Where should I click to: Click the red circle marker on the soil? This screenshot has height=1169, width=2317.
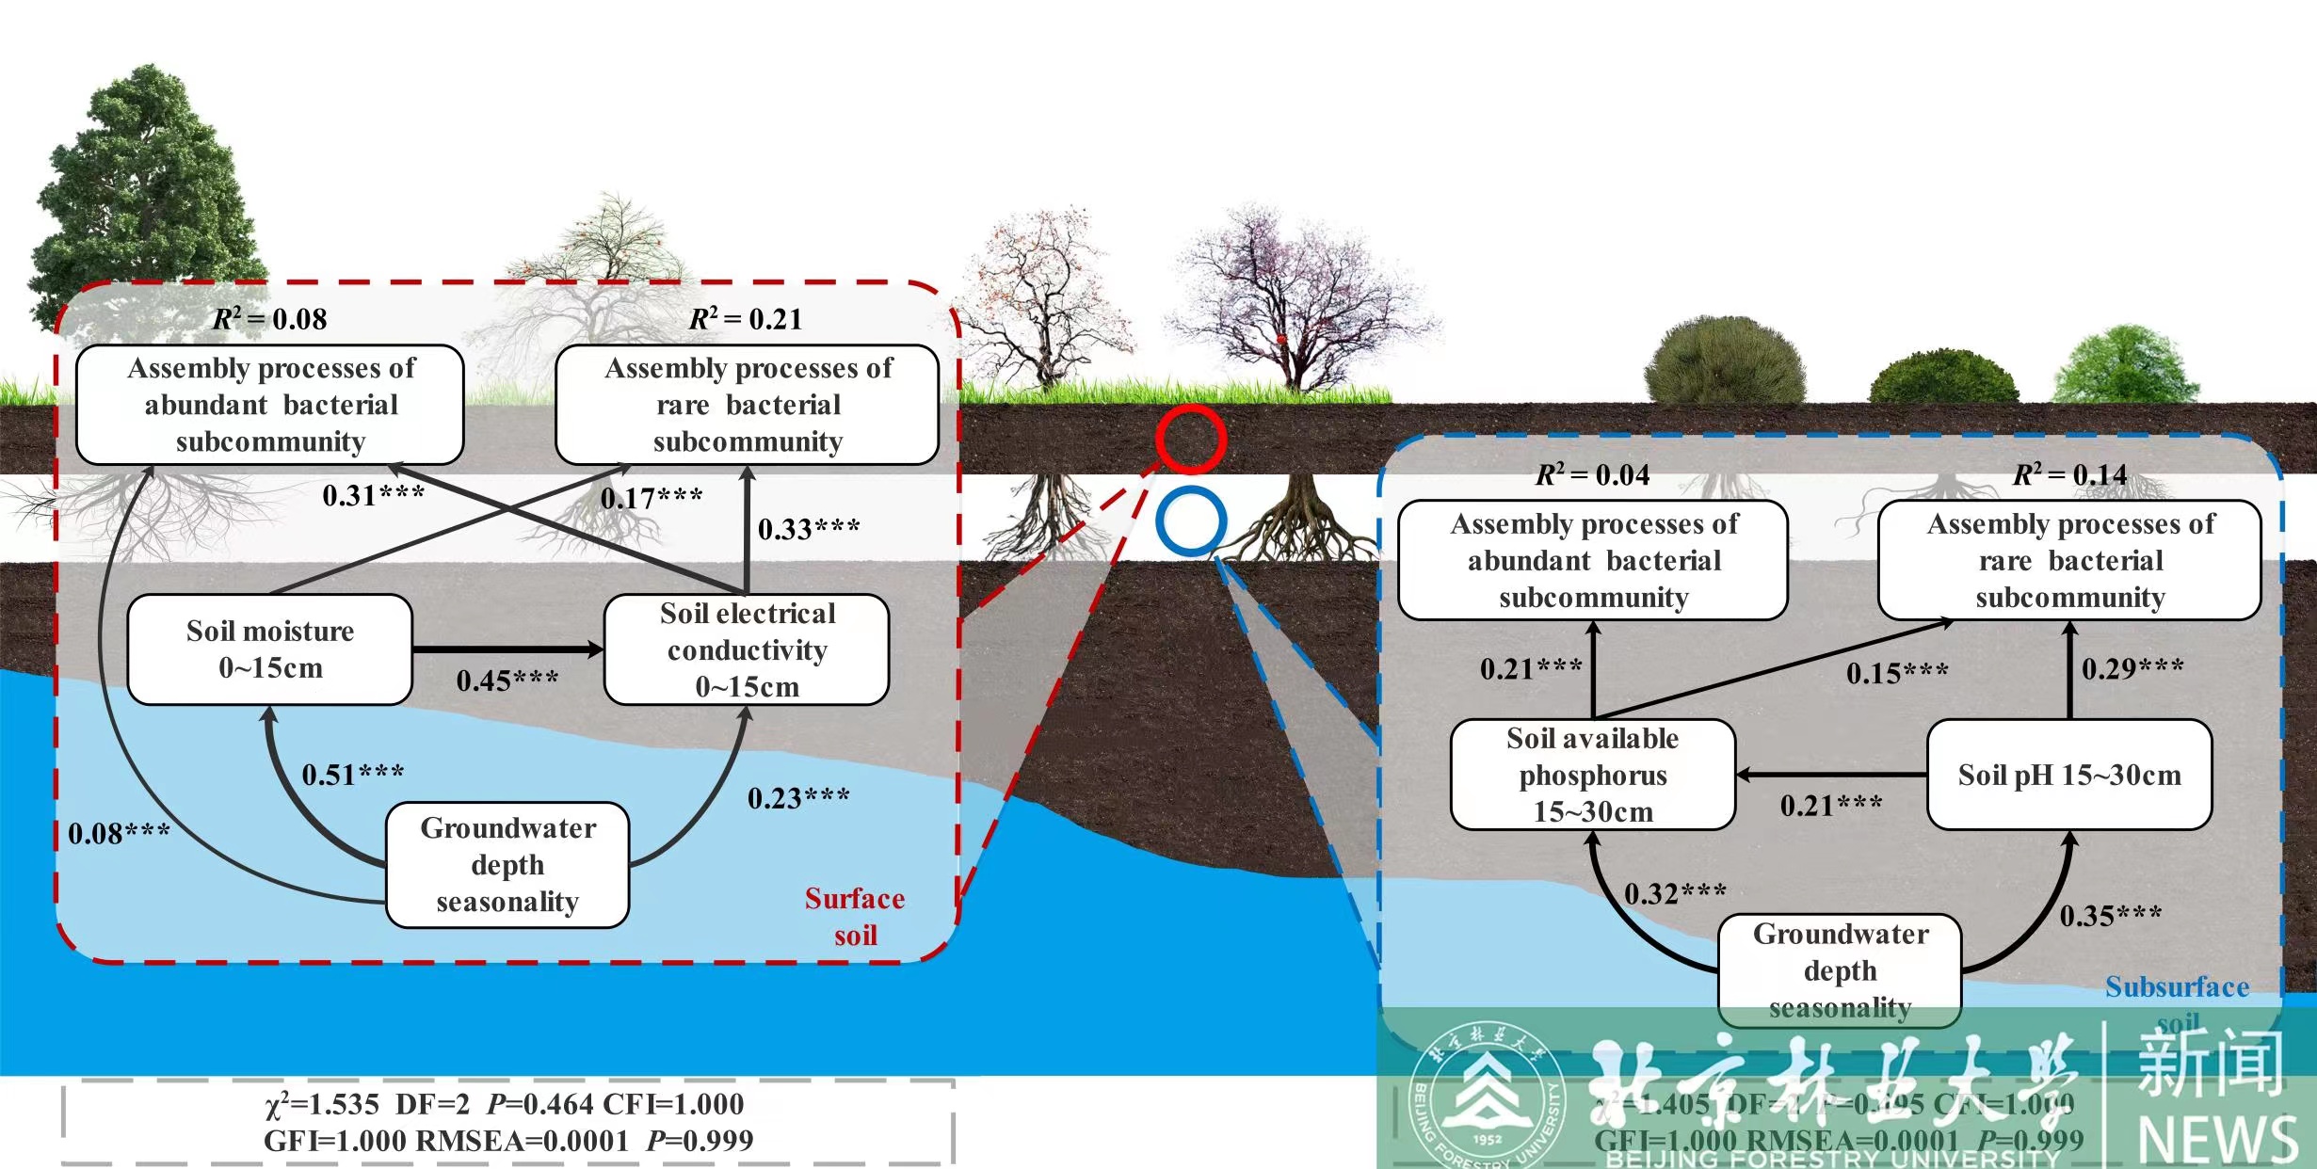[x=1191, y=439]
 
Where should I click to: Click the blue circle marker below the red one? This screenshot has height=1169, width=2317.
[x=1191, y=520]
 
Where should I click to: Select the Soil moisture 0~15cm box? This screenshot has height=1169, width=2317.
[x=270, y=649]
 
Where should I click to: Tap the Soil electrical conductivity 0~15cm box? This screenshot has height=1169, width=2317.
[x=747, y=649]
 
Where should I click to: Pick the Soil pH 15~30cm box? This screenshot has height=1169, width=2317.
[x=2069, y=775]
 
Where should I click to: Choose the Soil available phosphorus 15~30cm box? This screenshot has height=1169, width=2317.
[x=1593, y=775]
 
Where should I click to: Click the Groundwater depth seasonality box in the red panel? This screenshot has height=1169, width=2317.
[x=507, y=865]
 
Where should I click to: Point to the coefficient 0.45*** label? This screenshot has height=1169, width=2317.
[x=507, y=681]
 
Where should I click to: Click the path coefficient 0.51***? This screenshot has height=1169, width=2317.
[x=353, y=775]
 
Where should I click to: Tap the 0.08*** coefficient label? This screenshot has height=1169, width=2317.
[x=119, y=834]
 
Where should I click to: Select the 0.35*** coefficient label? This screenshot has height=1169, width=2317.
[x=2111, y=916]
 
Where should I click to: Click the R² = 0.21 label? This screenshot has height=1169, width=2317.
[x=746, y=319]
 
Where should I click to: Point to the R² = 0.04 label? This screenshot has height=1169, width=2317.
[x=1593, y=475]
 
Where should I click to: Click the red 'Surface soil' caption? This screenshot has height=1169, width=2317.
[x=855, y=917]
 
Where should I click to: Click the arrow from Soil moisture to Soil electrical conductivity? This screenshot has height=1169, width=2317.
[x=507, y=649]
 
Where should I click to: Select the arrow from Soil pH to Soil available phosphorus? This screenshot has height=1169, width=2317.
[x=1831, y=775]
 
